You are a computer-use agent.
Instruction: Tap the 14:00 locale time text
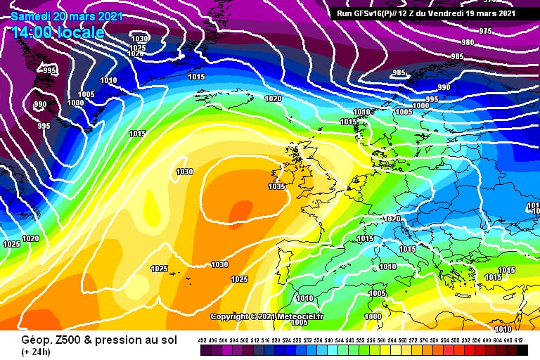(58, 32)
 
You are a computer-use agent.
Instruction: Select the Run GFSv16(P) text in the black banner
(373, 13)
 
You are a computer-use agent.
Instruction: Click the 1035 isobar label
(276, 186)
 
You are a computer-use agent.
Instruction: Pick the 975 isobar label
(485, 31)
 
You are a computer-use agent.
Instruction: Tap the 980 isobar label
(468, 42)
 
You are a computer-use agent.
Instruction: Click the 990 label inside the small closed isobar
(40, 105)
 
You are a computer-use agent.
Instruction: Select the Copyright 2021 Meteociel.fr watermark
(266, 316)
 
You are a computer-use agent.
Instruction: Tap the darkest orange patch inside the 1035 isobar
(241, 210)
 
